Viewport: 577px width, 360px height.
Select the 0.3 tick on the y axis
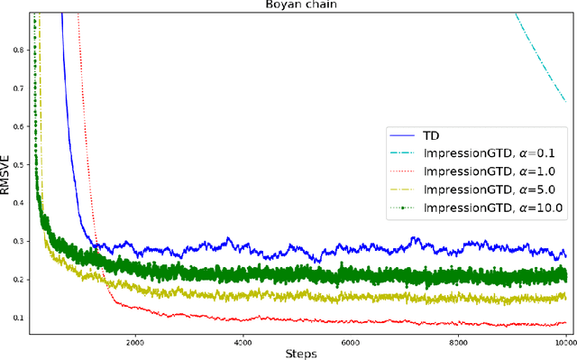[x=18, y=241]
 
